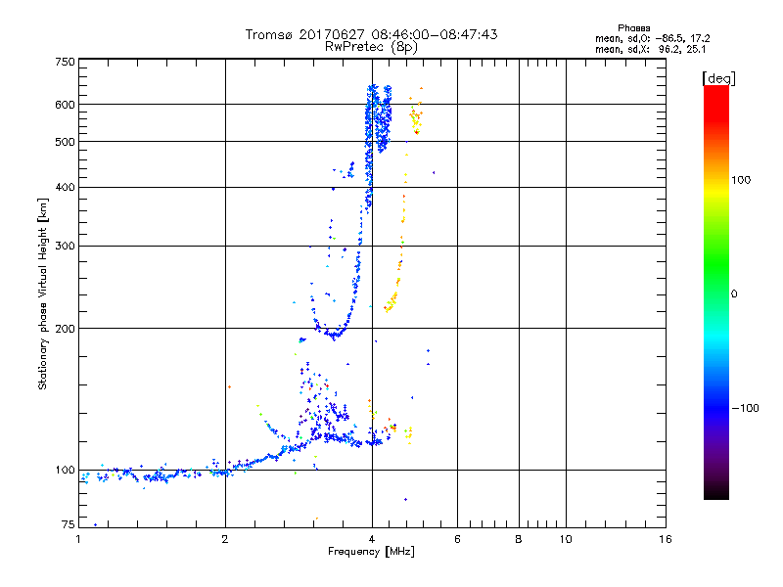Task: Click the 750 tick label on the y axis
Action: pyautogui.click(x=66, y=61)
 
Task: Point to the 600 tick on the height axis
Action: pyautogui.click(x=66, y=104)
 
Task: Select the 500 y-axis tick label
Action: pyautogui.click(x=66, y=141)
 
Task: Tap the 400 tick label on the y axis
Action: pyautogui.click(x=66, y=187)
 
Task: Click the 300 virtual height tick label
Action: pyautogui.click(x=66, y=246)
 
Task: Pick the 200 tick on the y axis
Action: pyautogui.click(x=66, y=328)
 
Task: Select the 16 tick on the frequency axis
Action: pyautogui.click(x=666, y=538)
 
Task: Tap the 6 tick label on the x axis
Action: pyautogui.click(x=457, y=538)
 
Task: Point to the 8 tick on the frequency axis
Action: pyautogui.click(x=519, y=538)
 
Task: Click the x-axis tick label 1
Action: pyautogui.click(x=78, y=538)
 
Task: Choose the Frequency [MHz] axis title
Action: pyautogui.click(x=372, y=552)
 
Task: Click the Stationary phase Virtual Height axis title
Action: pyautogui.click(x=43, y=293)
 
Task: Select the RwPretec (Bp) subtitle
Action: pyautogui.click(x=372, y=46)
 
